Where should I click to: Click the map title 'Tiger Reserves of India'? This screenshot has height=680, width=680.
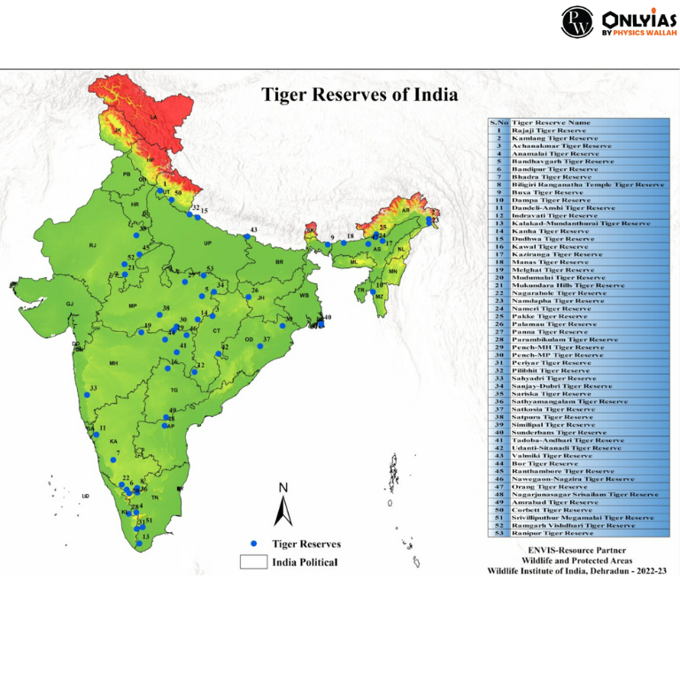coord(359,94)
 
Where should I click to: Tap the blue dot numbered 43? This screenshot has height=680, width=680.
coord(246,236)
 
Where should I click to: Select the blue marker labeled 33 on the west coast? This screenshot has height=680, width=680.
coord(87,395)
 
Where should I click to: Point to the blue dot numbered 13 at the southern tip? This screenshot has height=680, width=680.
coord(139,544)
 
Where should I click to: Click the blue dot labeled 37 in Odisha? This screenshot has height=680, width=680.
coord(259,346)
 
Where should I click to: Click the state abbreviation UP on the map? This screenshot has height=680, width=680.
coord(208,243)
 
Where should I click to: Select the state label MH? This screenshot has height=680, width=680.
coord(113,363)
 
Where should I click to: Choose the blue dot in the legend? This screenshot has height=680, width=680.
coord(253,544)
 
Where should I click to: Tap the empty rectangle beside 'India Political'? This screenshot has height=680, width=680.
coord(253,561)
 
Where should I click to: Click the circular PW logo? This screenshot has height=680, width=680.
coord(577,21)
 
